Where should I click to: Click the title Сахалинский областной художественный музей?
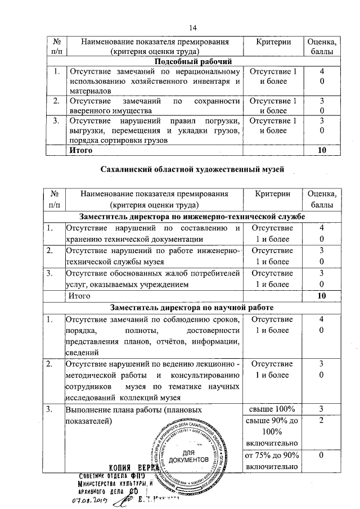[x=193, y=169]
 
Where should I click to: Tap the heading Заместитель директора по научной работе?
[x=193, y=308]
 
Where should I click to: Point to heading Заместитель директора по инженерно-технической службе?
[x=193, y=217]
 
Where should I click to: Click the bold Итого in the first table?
[x=79, y=150]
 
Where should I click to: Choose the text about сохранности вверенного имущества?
[x=154, y=106]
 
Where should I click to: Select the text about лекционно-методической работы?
[x=154, y=380]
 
